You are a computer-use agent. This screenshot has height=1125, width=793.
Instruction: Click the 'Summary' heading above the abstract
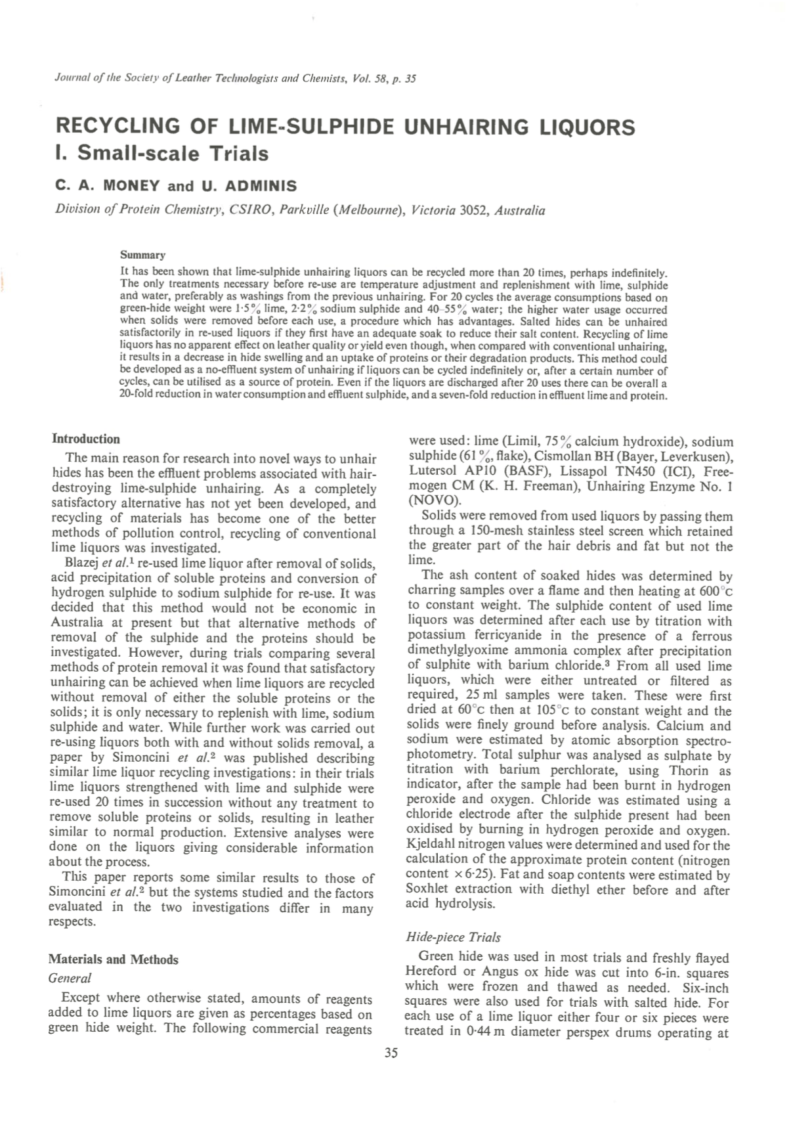[x=142, y=255]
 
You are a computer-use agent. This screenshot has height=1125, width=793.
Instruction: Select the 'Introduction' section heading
[x=86, y=439]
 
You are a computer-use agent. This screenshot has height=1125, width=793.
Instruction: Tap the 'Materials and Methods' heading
[x=114, y=960]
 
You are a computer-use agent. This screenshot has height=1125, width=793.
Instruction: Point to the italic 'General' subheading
[x=70, y=978]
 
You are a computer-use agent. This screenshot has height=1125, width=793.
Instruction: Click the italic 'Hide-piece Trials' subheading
[x=453, y=937]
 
